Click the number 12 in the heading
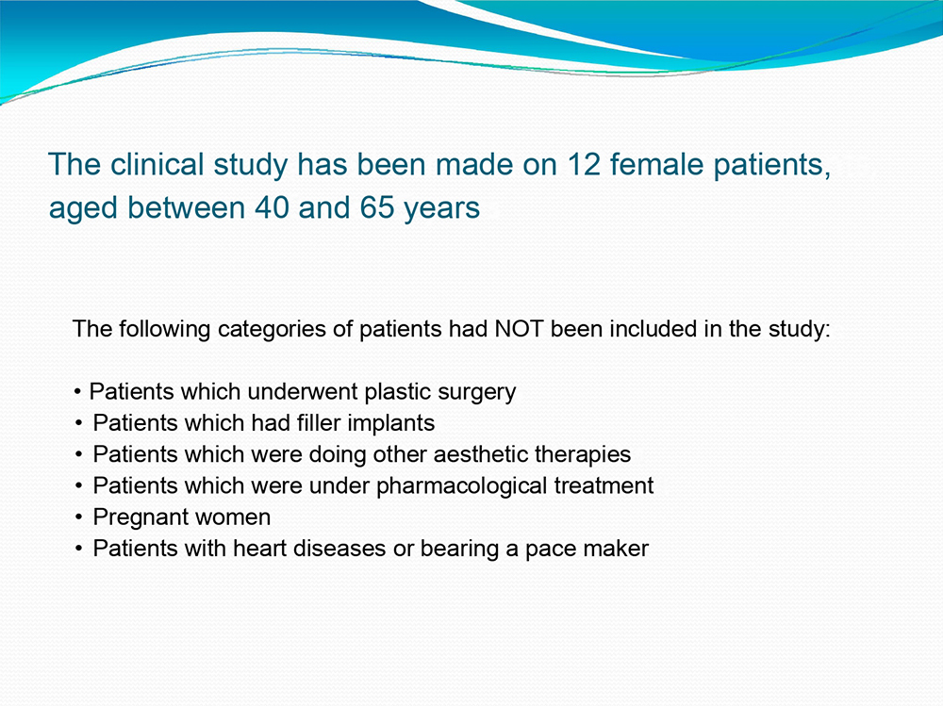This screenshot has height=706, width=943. pyautogui.click(x=584, y=164)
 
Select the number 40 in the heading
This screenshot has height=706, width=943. pyautogui.click(x=272, y=208)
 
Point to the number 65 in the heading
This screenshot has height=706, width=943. pyautogui.click(x=377, y=208)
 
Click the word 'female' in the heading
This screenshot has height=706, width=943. pyautogui.click(x=656, y=164)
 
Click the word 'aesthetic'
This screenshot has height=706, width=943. pyautogui.click(x=481, y=454)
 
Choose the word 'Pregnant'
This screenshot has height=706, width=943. pyautogui.click(x=141, y=517)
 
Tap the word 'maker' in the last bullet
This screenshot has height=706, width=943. pyautogui.click(x=619, y=549)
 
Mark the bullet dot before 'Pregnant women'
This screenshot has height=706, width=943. pyautogui.click(x=79, y=517)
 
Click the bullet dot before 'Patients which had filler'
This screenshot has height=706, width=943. pyautogui.click(x=79, y=423)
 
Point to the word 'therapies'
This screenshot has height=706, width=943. pyautogui.click(x=583, y=455)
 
